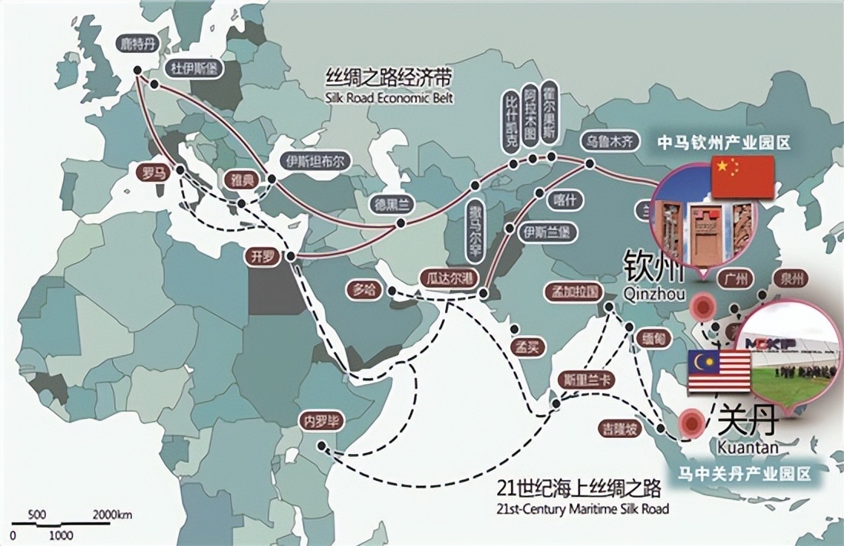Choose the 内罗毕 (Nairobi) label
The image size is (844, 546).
[321, 421]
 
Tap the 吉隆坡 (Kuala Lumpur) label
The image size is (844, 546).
[622, 430]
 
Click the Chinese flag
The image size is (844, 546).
[743, 177]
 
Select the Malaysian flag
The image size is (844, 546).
[719, 370]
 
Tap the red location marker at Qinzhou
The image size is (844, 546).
[701, 308]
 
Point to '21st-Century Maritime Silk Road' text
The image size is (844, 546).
[582, 508]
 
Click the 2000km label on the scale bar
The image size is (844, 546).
[113, 514]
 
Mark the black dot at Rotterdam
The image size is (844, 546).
[137, 70]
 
